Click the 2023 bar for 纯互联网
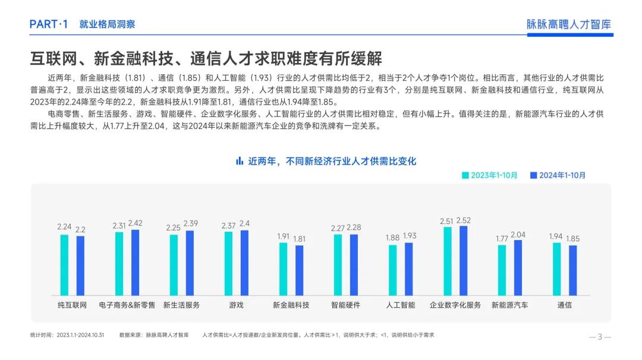click(x=64, y=265)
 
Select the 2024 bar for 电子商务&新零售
click(x=135, y=262)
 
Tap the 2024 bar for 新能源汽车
click(x=518, y=267)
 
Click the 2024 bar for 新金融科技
click(x=299, y=270)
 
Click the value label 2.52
click(x=464, y=220)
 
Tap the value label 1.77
click(x=502, y=239)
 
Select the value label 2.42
click(x=135, y=223)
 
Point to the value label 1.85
click(x=572, y=239)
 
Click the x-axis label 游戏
click(x=236, y=305)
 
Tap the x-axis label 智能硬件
click(x=345, y=305)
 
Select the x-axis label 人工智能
click(x=400, y=305)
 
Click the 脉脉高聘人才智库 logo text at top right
click(x=569, y=24)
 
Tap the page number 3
click(x=600, y=337)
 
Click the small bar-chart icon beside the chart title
click(x=240, y=160)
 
